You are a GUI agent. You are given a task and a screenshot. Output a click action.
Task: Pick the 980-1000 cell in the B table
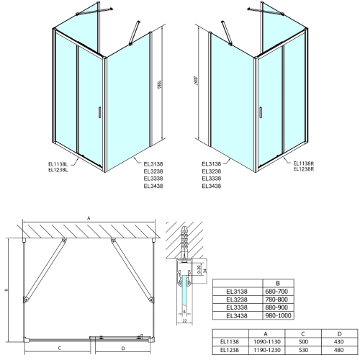coord(274,315)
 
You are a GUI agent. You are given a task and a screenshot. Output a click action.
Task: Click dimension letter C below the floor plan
coord(58,348)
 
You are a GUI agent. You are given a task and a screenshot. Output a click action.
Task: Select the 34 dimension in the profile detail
coord(204,271)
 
